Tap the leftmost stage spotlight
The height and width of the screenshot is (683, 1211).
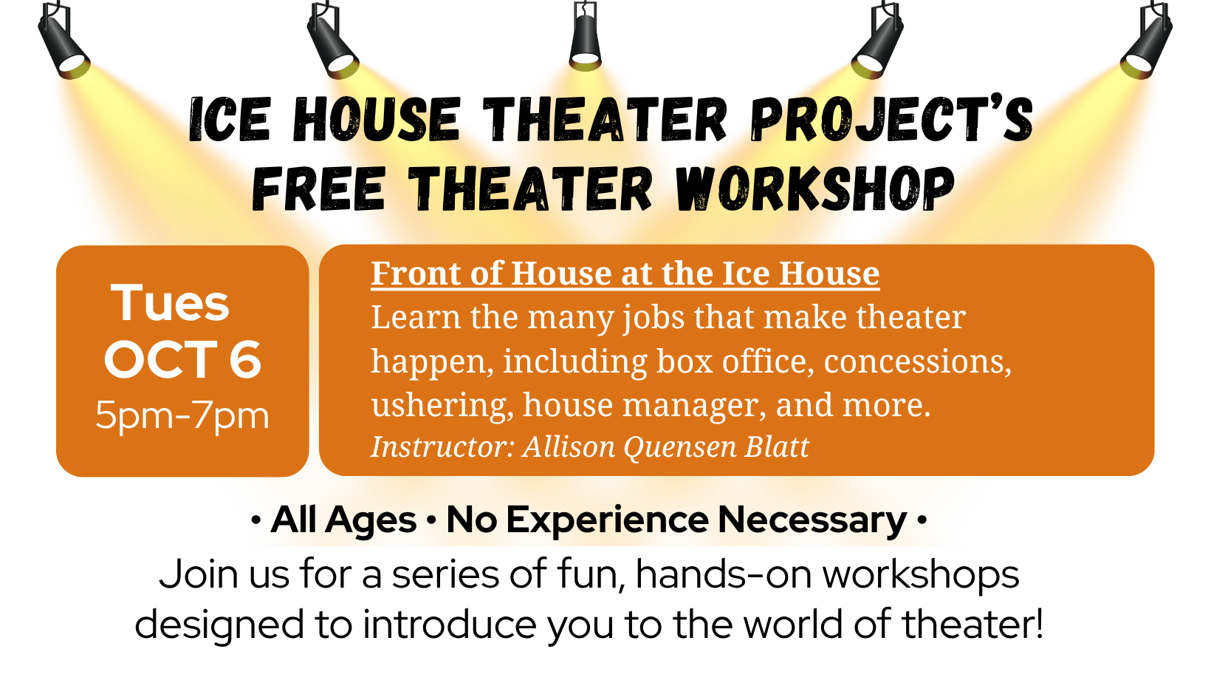[64, 41]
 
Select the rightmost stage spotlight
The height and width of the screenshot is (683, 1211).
[1147, 41]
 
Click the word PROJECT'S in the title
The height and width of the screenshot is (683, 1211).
[892, 120]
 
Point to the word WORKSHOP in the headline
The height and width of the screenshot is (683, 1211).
[814, 188]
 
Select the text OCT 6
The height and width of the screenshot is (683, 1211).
[182, 360]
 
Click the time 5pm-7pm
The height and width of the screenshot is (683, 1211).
[182, 416]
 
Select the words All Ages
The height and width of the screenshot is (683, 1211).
[344, 520]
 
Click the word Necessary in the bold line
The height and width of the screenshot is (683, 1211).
[812, 520]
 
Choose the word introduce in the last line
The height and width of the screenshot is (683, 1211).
[449, 624]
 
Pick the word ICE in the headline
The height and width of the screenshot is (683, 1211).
[229, 120]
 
